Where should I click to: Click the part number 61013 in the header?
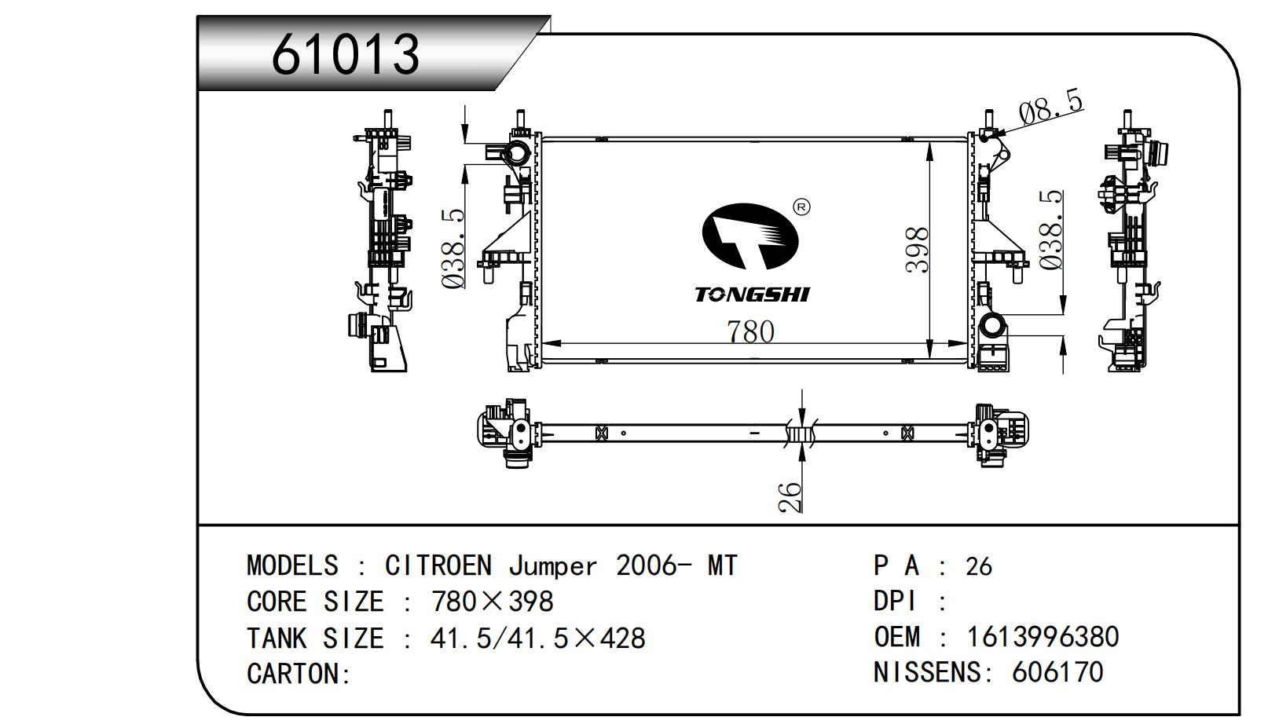[346, 54]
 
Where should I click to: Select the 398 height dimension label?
[917, 250]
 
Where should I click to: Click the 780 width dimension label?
[750, 331]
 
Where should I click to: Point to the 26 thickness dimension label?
[790, 496]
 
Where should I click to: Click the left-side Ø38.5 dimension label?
[454, 248]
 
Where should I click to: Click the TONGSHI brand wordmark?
[751, 294]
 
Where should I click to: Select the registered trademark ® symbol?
[801, 207]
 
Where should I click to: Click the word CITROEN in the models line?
[438, 565]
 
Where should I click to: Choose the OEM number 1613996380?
[1043, 636]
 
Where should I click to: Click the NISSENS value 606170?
[1057, 671]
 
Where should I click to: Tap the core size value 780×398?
[493, 602]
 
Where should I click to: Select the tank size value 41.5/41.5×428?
[537, 638]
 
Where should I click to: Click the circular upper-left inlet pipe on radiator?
[517, 153]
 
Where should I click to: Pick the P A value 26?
[978, 566]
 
